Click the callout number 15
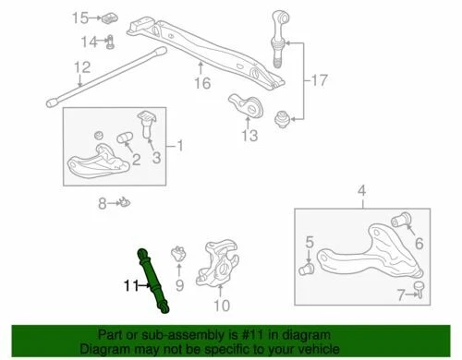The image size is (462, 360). click(x=79, y=18)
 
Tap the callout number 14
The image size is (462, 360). click(x=88, y=42)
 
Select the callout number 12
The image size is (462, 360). click(x=82, y=66)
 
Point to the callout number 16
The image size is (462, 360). click(x=202, y=83)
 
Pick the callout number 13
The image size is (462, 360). click(x=249, y=137)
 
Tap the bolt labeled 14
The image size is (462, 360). click(x=110, y=40)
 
